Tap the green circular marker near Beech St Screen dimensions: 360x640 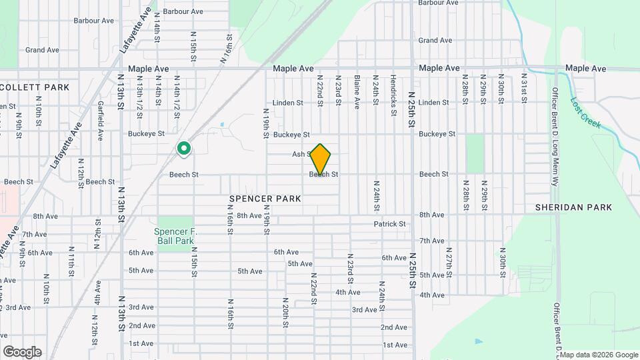pos(183,149)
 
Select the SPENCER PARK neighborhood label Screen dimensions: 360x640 pos(265,199)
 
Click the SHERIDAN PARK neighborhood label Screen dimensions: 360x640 pos(573,207)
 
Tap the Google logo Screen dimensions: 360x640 pos(22,352)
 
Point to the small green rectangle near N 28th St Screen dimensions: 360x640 pos(475,153)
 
